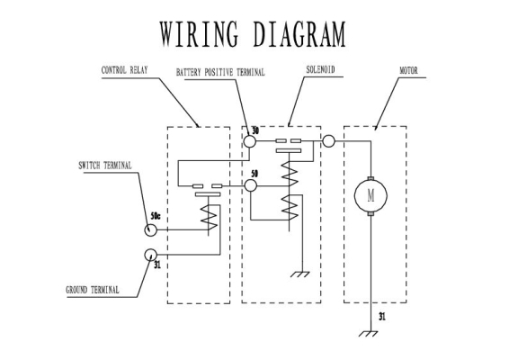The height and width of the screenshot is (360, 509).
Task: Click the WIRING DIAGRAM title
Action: (253, 34)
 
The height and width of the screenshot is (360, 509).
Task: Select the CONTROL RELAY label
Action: (125, 70)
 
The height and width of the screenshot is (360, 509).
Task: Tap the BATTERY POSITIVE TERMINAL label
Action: (220, 72)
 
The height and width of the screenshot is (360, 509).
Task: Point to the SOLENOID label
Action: (320, 69)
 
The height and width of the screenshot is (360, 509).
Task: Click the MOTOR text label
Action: (408, 70)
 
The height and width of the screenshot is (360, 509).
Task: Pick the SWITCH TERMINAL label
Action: (105, 166)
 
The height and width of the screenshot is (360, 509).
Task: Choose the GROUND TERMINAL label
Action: (93, 290)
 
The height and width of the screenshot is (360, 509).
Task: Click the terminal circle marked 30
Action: (250, 141)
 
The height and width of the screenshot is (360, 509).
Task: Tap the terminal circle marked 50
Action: (250, 185)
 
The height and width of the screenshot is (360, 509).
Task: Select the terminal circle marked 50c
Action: (150, 230)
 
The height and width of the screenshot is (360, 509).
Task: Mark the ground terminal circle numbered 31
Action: (150, 255)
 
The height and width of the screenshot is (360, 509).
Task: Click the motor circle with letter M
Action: (371, 196)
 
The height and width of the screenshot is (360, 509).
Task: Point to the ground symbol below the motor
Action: (369, 333)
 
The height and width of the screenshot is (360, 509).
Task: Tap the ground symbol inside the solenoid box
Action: (300, 274)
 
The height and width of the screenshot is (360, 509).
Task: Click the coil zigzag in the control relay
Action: (209, 217)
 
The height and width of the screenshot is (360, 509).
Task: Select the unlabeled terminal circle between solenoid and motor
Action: (328, 141)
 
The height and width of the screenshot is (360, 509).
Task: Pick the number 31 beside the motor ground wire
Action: (382, 317)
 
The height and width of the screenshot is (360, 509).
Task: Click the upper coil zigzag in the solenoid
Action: (290, 174)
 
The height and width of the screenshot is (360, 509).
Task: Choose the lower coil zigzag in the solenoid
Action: (290, 208)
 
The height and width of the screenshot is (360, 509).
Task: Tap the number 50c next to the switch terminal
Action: (156, 216)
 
